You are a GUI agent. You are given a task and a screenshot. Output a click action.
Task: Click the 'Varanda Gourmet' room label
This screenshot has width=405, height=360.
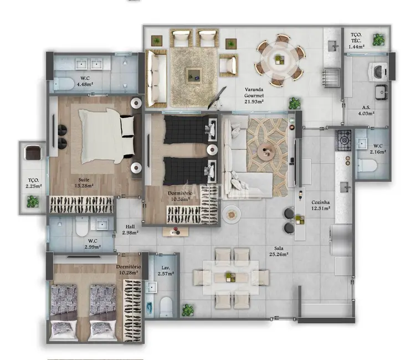coord(255,95)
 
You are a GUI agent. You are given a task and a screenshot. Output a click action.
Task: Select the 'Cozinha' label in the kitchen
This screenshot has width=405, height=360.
coord(321,203)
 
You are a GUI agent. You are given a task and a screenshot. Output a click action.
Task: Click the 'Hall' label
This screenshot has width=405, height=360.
coord(130,227)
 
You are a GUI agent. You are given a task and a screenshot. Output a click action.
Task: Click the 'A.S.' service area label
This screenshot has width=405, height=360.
coord(366,107)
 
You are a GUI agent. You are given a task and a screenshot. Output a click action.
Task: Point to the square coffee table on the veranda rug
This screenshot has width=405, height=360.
coord(193,73)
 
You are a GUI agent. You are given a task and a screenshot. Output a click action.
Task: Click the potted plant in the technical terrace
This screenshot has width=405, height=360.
coord(379,39)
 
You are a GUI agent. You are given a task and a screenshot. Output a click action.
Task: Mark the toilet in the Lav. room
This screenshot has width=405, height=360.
coord(165,304)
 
